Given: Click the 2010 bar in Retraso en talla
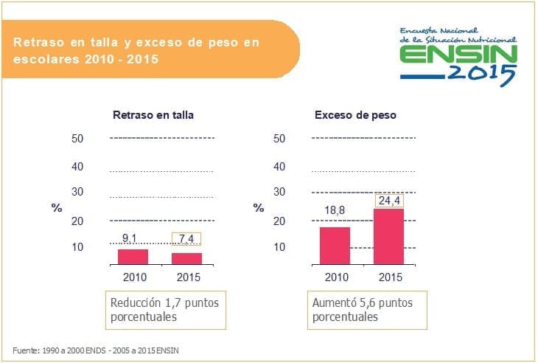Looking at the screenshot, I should point(133,256).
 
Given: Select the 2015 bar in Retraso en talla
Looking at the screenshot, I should point(186,258).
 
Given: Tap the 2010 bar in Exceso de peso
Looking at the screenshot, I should point(335,245).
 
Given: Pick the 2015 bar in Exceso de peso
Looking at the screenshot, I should point(388,236).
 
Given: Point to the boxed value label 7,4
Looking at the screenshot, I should point(186,239).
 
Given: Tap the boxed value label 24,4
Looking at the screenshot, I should point(388,200).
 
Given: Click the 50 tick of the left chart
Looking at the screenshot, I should point(77,139).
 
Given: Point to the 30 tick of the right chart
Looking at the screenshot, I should point(279,192).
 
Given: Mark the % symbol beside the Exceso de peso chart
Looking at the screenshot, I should point(259,208).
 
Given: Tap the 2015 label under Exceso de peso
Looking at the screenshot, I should point(390,277).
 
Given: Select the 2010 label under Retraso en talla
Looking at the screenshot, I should point(135,277).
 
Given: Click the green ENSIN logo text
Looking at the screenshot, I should point(458,56).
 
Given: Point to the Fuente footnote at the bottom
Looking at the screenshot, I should point(96,350).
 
